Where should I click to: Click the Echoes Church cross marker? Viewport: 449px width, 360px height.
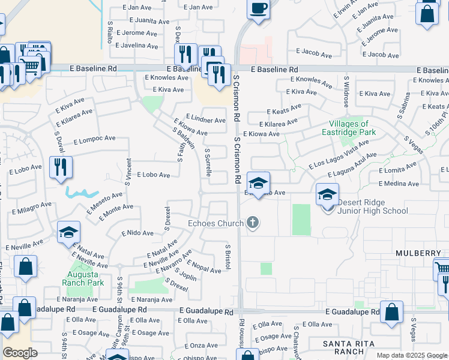point(253,223)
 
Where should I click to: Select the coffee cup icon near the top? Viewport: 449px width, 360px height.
point(258,9)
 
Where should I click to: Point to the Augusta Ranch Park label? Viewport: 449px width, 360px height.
point(85,278)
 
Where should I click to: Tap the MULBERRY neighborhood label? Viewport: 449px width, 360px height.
point(418,254)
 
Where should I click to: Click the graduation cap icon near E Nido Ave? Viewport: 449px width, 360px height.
point(69,232)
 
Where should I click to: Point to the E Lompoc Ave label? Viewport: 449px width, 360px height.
point(94,139)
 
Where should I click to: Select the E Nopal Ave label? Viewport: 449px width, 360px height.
point(204,267)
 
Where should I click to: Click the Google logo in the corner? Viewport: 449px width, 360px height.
point(20,353)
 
